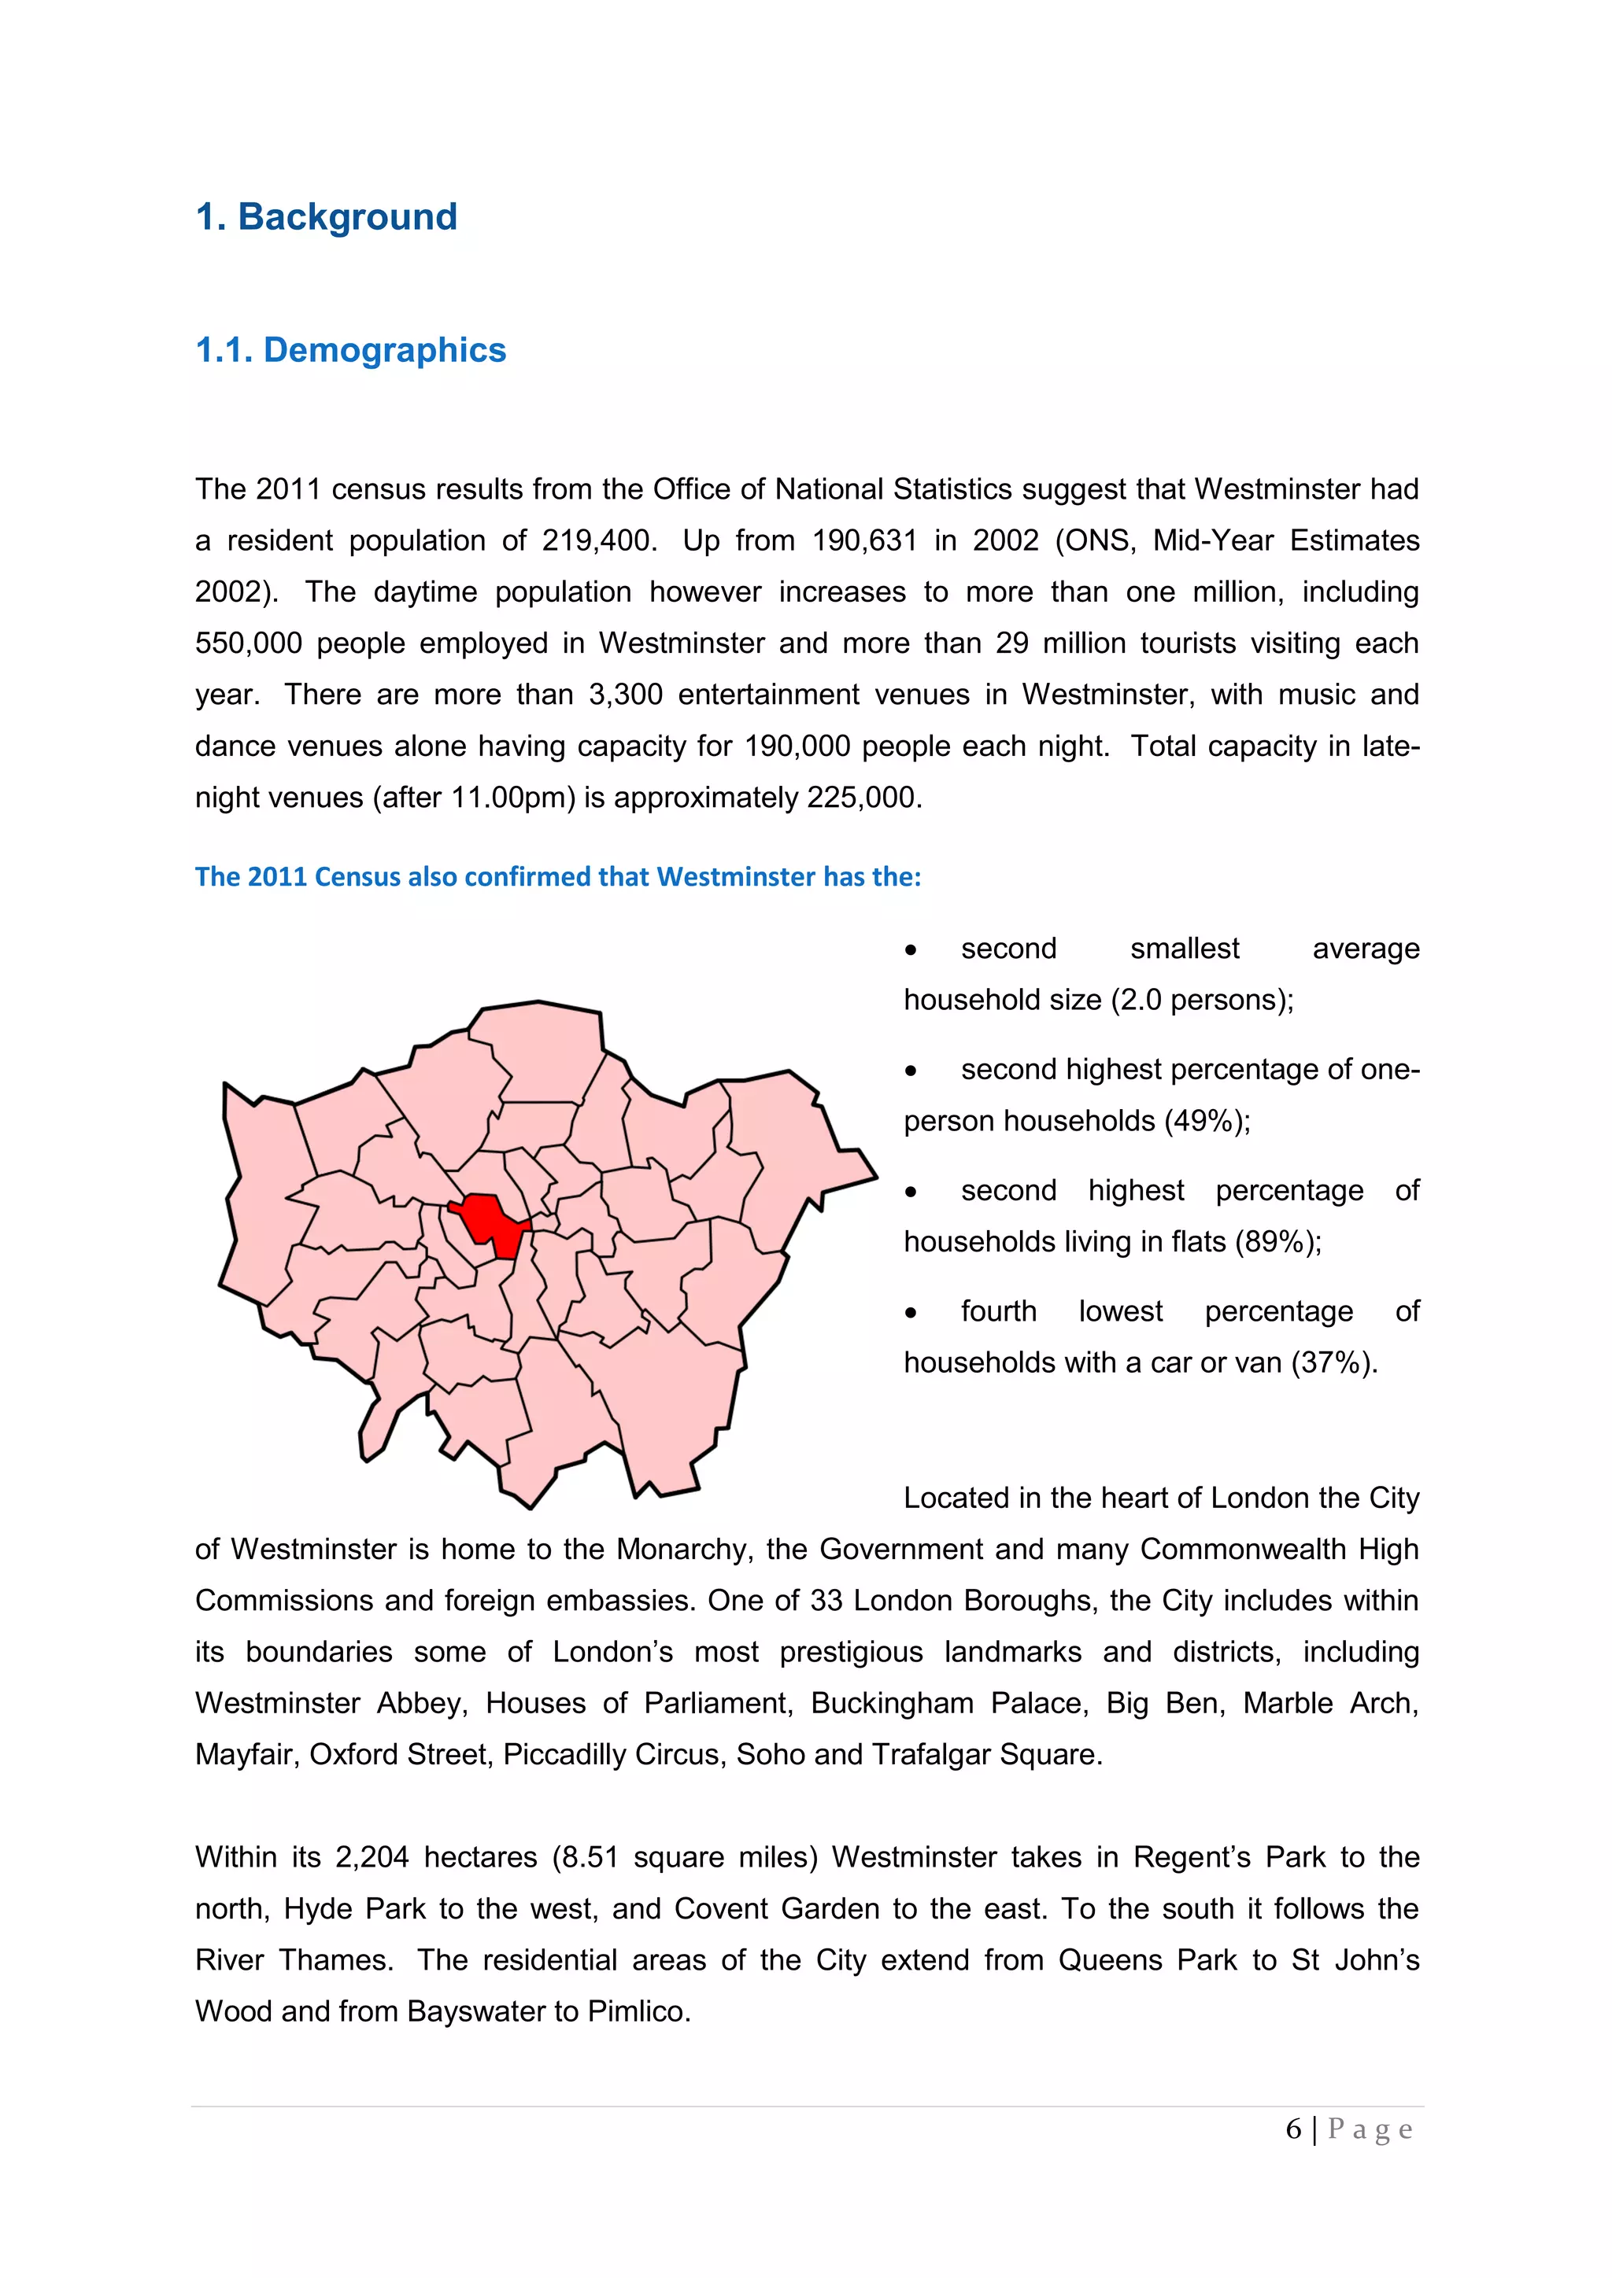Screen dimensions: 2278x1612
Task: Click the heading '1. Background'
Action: point(327,217)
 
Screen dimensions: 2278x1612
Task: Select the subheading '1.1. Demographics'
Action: point(350,350)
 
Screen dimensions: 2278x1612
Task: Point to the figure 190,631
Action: point(863,540)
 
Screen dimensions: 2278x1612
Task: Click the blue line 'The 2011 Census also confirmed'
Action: point(558,877)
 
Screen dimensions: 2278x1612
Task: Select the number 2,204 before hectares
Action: point(372,1857)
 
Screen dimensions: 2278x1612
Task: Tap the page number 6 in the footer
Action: point(1293,2129)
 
